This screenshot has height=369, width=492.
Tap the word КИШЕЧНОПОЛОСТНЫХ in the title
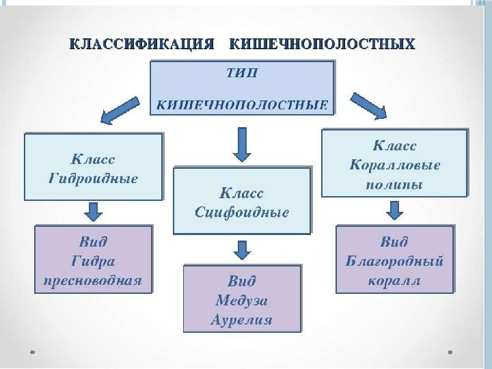322,44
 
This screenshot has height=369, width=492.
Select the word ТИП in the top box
243,73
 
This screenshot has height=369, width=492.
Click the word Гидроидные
94,179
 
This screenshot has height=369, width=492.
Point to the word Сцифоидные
243,212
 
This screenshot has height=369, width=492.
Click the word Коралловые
395,165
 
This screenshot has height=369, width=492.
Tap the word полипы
395,184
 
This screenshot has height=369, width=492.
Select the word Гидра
94,261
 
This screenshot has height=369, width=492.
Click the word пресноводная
94,280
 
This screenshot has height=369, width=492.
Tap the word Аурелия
243,319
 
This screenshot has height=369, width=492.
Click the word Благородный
395,261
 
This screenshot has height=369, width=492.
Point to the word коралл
395,280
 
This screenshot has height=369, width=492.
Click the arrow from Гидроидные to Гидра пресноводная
94,211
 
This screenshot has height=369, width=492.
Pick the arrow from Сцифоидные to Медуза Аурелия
243,249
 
